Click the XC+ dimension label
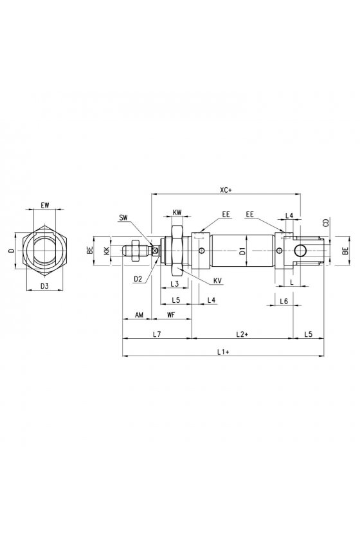(226, 190)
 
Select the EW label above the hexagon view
(45, 205)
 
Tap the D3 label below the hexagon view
(45, 286)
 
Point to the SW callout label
(123, 217)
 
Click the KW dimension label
(177, 212)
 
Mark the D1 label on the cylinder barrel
(242, 250)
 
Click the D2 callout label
(138, 279)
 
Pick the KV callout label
(217, 281)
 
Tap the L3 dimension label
(175, 283)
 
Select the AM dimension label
(139, 315)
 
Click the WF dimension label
(171, 315)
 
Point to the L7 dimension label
(157, 334)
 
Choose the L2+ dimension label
(242, 334)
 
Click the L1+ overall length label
(223, 352)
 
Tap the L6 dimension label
(284, 301)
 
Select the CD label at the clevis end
(326, 222)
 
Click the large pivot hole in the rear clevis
(300, 251)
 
